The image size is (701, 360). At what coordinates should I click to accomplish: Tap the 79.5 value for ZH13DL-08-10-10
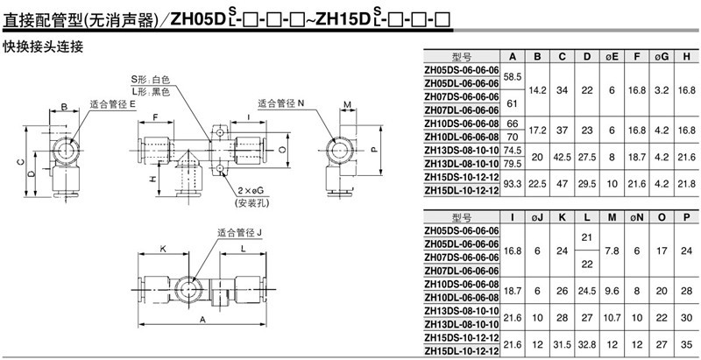[x=513, y=162]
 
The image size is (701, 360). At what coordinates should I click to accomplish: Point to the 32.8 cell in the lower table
[x=588, y=346]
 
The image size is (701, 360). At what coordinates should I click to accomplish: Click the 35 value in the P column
[x=687, y=346]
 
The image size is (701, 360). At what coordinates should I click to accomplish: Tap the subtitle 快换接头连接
[x=43, y=46]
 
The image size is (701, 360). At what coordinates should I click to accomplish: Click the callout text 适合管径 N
[x=281, y=102]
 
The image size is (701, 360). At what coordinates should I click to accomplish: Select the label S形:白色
[x=151, y=79]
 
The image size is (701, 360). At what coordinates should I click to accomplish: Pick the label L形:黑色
[x=151, y=90]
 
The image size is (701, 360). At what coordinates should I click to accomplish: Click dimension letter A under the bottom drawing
[x=203, y=321]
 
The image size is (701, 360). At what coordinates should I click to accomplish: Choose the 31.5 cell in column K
[x=563, y=346]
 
